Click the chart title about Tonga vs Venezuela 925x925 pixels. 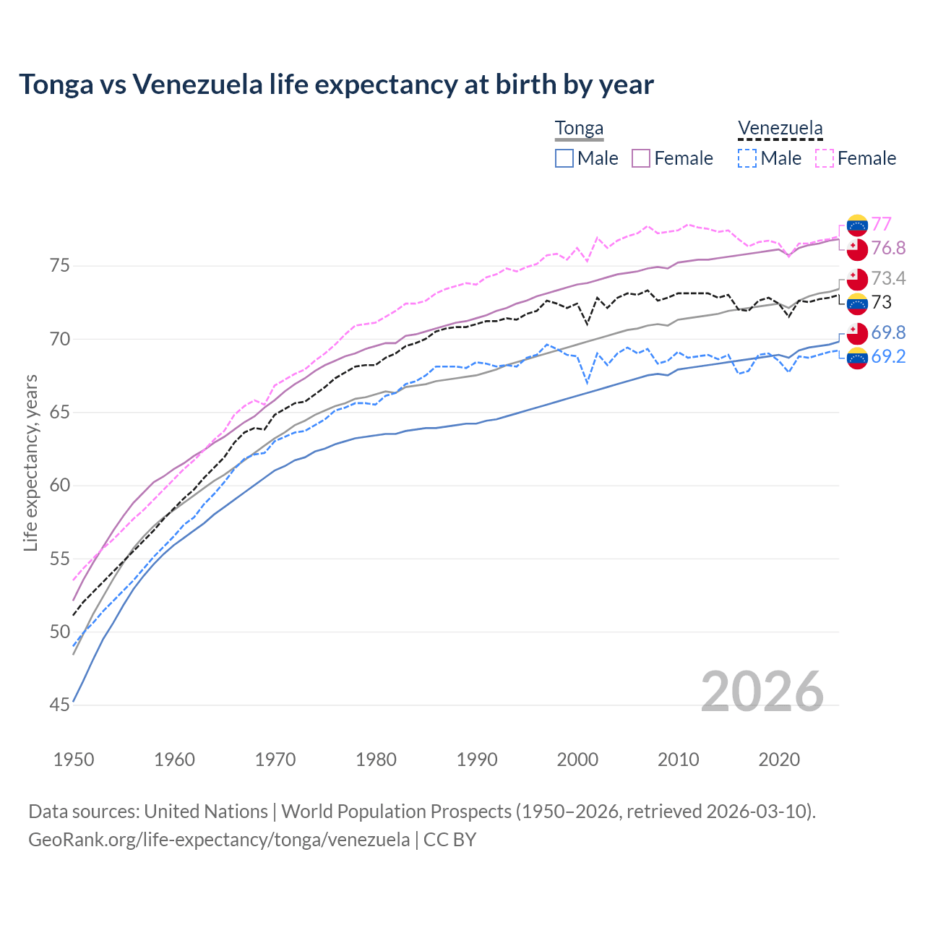(336, 85)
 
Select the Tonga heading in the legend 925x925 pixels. (579, 129)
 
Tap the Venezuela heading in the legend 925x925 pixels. (780, 129)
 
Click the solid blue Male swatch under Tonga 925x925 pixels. (564, 158)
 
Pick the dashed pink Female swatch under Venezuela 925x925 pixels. (825, 158)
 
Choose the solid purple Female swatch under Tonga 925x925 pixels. (641, 158)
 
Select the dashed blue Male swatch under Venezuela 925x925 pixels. (747, 158)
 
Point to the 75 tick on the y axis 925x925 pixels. (60, 266)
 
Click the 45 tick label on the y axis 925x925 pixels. (60, 705)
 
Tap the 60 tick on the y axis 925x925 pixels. (60, 486)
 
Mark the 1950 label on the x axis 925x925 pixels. (74, 760)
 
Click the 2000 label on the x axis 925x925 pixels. (577, 760)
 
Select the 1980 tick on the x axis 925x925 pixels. (376, 760)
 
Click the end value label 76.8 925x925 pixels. (888, 249)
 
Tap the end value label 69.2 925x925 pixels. (888, 356)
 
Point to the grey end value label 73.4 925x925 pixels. (888, 279)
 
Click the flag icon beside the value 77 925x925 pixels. (857, 225)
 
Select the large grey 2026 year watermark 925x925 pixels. (762, 692)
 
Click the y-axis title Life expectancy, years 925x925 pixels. (30, 462)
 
